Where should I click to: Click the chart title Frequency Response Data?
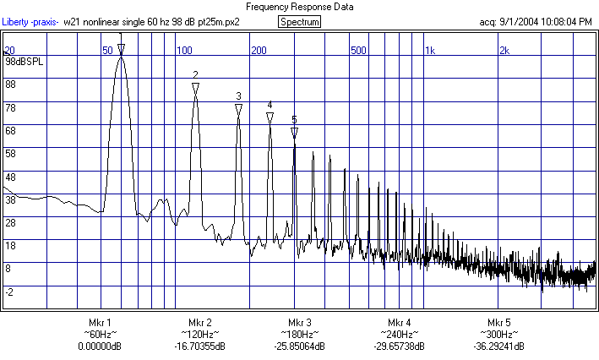tap(299, 7)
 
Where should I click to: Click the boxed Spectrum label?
tap(299, 21)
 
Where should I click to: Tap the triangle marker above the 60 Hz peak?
tap(121, 49)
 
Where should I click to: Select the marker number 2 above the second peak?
tap(195, 75)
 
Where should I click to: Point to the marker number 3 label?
tap(238, 95)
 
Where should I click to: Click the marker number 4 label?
tap(270, 106)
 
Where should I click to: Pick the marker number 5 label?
tap(294, 119)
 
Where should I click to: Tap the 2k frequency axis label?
tap(504, 51)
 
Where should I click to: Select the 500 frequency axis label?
tap(358, 51)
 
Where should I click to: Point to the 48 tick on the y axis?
tap(10, 177)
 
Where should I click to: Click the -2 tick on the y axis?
tap(9, 292)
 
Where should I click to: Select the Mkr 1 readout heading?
tap(100, 324)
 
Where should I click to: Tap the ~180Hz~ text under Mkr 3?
tap(300, 335)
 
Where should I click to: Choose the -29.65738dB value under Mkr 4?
tap(400, 346)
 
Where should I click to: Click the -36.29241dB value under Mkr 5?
tap(499, 346)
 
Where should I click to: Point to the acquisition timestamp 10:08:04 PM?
tap(562, 21)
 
